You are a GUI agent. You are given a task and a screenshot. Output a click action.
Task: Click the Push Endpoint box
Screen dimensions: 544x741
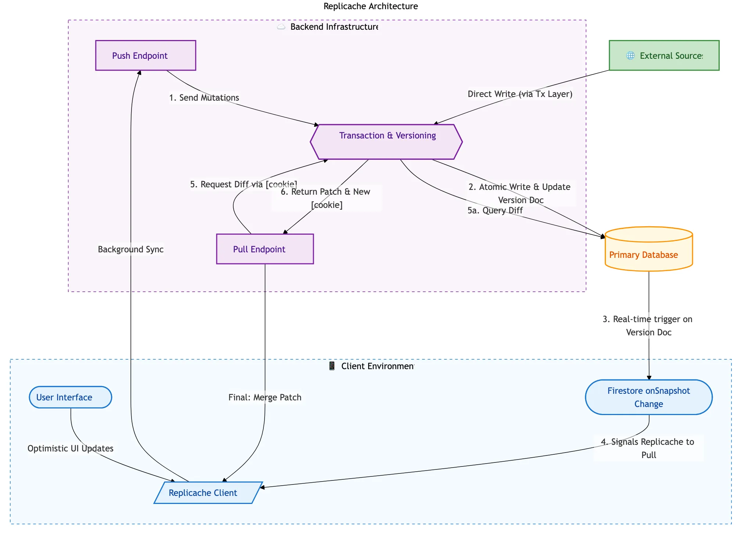[x=145, y=55]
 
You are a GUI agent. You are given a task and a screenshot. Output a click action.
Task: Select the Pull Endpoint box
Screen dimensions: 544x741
[x=265, y=249]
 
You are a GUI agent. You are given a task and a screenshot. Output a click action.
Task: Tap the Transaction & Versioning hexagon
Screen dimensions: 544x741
[x=386, y=142]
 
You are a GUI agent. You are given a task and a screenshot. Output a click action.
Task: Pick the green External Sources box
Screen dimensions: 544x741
[x=664, y=55]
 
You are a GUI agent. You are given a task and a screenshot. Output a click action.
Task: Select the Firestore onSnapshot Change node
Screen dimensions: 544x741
[x=648, y=397]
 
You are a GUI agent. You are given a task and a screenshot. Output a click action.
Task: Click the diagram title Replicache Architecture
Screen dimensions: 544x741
[x=370, y=6]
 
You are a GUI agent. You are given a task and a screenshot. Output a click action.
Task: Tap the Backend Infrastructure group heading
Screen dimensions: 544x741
[x=334, y=27]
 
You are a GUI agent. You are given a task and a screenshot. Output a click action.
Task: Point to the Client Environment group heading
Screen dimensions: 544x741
[x=377, y=366]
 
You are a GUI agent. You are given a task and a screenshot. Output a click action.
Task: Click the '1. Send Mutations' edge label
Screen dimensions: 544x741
[x=204, y=98]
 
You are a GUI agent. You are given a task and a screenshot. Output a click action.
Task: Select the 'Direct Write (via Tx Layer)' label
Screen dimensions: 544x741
[x=520, y=94]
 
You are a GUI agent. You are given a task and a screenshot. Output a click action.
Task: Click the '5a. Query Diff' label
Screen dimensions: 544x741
[x=495, y=210]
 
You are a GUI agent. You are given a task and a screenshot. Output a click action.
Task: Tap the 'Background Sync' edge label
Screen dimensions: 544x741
[x=130, y=249]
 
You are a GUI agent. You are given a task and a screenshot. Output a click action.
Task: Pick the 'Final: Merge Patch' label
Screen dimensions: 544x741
[x=265, y=397]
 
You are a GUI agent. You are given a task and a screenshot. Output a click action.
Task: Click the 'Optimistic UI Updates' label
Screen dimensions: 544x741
[x=70, y=448]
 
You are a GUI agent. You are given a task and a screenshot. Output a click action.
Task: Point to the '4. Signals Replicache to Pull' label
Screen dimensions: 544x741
[x=648, y=448]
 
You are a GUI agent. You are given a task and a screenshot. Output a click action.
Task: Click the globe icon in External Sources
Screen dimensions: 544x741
[x=630, y=55]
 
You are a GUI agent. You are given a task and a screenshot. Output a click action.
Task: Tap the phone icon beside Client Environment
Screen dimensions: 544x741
[x=332, y=366]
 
